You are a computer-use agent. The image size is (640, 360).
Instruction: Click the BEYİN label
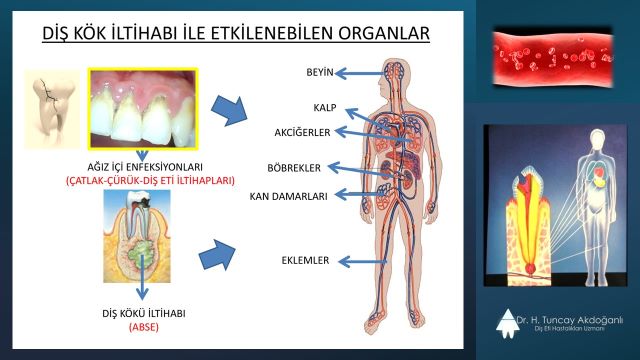tap(320, 73)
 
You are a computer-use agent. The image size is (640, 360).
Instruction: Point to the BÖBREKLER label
tap(295, 167)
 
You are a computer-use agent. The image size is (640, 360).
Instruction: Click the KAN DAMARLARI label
tap(289, 196)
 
